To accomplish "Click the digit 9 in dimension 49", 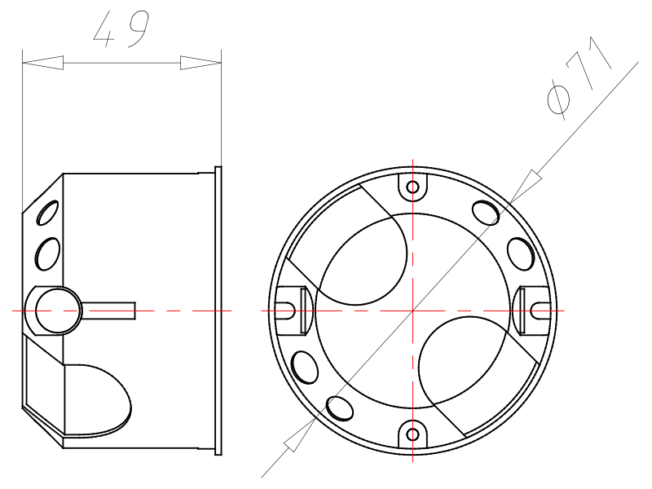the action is (x=139, y=29).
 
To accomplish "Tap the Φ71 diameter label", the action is (x=579, y=78).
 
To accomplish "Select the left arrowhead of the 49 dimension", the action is (x=42, y=63).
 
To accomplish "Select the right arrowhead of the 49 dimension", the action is (x=200, y=63).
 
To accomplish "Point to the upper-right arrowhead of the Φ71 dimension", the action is (x=526, y=187).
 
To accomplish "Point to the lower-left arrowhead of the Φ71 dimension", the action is (x=300, y=434).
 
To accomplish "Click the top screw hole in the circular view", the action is (x=412, y=187).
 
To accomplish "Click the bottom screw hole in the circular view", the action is (x=412, y=434).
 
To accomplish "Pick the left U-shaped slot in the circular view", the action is (x=286, y=311).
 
